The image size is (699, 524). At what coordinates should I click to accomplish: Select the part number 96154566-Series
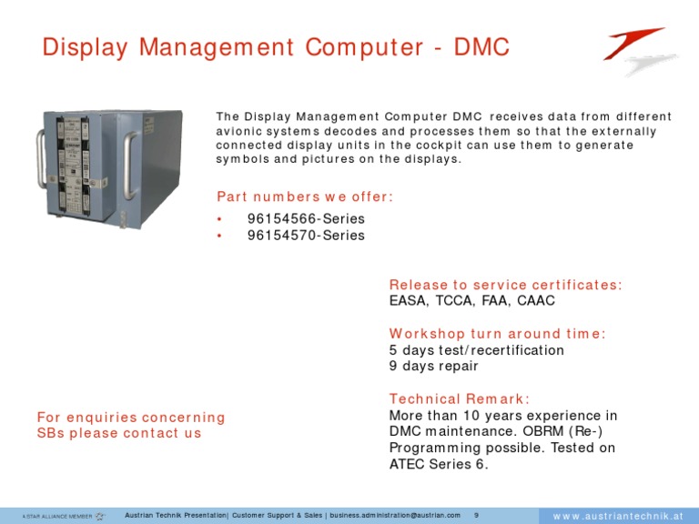pyautogui.click(x=306, y=219)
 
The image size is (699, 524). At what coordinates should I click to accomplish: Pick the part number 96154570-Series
pyautogui.click(x=306, y=236)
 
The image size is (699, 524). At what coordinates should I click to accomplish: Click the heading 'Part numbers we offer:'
pyautogui.click(x=305, y=196)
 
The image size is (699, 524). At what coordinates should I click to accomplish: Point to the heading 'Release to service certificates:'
pyautogui.click(x=505, y=285)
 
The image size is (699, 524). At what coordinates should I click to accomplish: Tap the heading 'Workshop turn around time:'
pyautogui.click(x=497, y=334)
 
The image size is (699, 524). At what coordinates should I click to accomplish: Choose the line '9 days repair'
pyautogui.click(x=433, y=367)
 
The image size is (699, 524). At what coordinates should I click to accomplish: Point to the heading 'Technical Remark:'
pyautogui.click(x=459, y=398)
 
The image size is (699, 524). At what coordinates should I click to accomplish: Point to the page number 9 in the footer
pyautogui.click(x=476, y=515)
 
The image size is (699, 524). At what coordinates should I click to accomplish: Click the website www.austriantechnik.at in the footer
pyautogui.click(x=618, y=516)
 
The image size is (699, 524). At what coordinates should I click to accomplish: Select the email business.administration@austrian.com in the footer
pyautogui.click(x=394, y=515)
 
